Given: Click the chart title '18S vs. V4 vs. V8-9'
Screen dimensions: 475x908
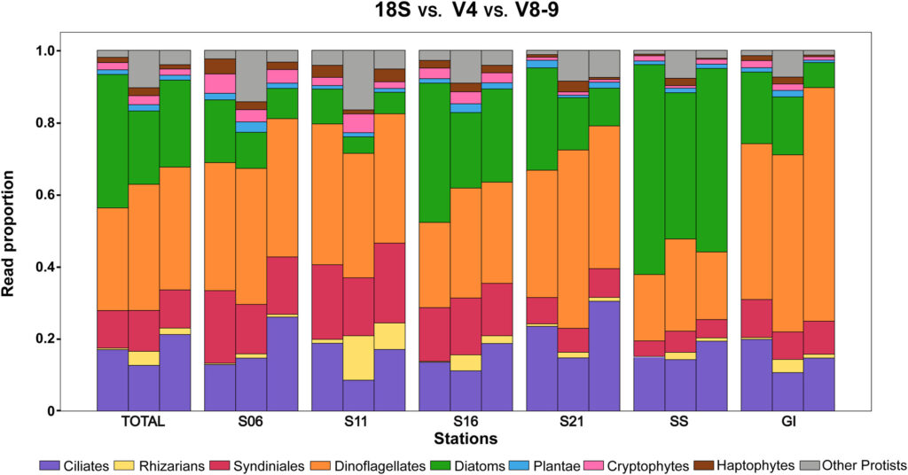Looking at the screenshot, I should coord(453,12).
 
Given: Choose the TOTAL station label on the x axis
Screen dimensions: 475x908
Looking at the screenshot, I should coord(144,423).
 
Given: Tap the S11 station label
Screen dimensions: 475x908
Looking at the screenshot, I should coord(358,423).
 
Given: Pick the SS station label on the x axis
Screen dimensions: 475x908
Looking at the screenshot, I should coord(680,423).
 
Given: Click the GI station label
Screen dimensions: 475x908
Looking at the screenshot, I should coord(787,423).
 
